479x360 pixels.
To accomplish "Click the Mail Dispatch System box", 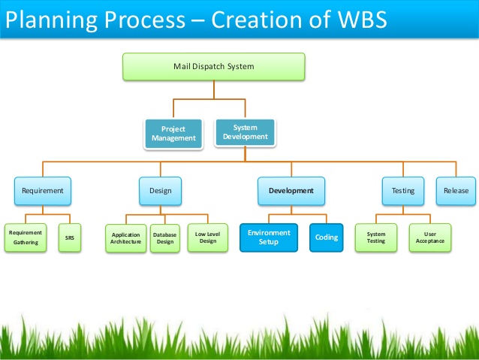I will [213, 66].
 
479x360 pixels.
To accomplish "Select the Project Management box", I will [173, 133].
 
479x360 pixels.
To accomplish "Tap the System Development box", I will [246, 132].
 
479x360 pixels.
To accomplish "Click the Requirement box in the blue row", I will [43, 190].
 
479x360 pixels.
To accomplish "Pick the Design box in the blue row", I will [159, 190].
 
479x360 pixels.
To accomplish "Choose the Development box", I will [291, 190].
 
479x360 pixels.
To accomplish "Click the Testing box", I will [402, 190].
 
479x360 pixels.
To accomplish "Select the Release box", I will [456, 190].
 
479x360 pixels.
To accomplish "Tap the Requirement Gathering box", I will [26, 237].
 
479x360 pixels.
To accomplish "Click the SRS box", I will [69, 237].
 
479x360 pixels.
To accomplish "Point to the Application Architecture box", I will [125, 238].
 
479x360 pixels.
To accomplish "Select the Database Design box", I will [164, 238].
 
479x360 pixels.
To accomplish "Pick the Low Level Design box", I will [207, 237].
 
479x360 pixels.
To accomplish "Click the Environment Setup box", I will [269, 237].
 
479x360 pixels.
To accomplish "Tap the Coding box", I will [327, 237].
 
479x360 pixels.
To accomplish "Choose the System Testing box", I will [376, 237].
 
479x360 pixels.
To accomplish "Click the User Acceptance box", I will [429, 237].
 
